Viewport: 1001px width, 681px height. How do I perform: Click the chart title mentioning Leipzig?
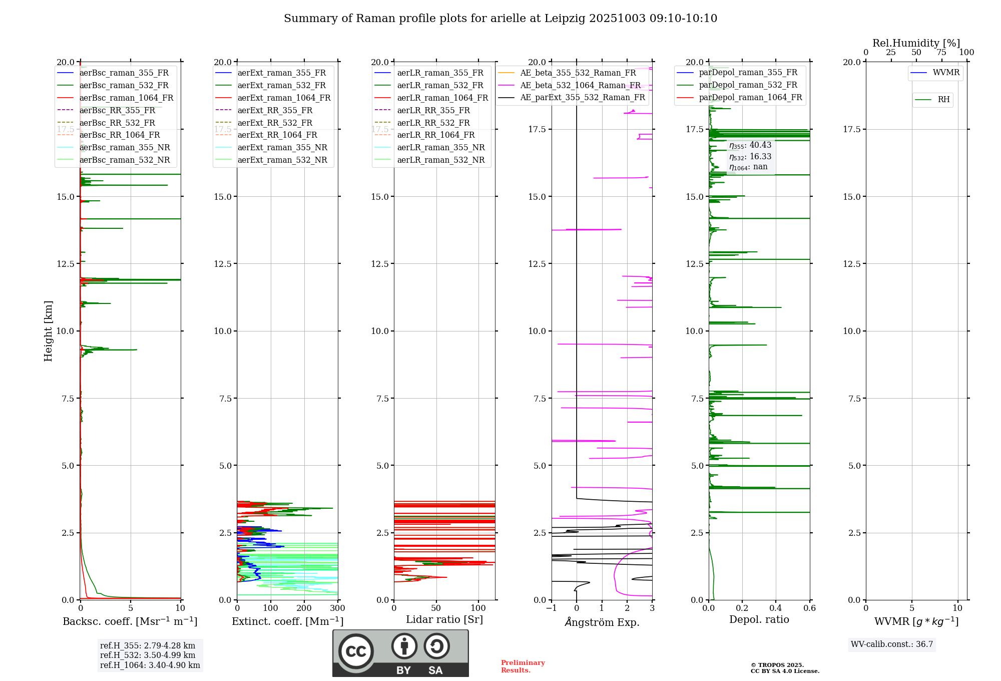tap(500, 19)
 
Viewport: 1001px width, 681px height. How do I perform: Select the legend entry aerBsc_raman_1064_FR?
tap(126, 98)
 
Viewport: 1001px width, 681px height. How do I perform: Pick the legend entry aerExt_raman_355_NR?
tap(282, 147)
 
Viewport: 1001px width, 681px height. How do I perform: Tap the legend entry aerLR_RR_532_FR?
tap(433, 123)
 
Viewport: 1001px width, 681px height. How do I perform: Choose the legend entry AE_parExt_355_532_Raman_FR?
tap(583, 97)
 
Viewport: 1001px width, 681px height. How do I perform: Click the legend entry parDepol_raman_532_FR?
tap(748, 85)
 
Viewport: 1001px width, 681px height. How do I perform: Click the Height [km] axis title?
tap(48, 331)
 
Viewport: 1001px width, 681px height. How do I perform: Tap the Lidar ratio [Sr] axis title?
tap(444, 619)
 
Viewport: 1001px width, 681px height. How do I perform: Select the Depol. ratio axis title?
tap(759, 619)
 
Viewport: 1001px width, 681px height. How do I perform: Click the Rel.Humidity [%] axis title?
tap(916, 43)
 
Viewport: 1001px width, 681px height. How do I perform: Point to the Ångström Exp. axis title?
tap(602, 622)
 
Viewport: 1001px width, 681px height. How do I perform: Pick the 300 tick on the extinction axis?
tap(338, 608)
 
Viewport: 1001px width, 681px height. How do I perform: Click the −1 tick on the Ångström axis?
tap(551, 608)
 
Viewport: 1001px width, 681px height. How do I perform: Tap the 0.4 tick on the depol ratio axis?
tap(776, 608)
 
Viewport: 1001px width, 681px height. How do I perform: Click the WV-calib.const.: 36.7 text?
tap(892, 644)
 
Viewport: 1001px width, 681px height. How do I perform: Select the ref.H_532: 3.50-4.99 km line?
tap(148, 655)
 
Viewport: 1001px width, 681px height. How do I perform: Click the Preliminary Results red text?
tap(523, 666)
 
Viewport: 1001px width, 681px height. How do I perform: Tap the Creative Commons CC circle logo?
tap(356, 651)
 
